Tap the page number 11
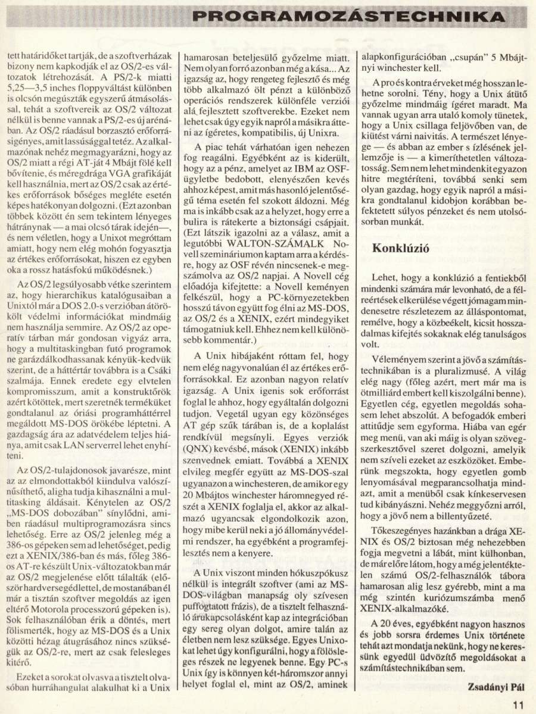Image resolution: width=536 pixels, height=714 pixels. (517, 703)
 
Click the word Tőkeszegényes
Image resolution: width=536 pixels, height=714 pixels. (403, 529)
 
